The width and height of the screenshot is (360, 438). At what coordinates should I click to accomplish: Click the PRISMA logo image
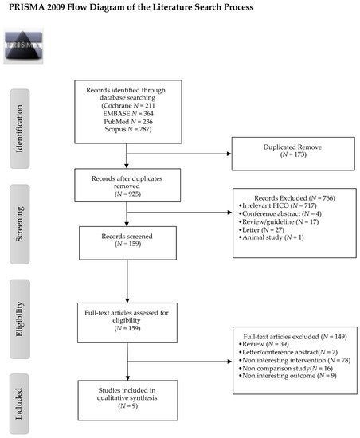point(23,45)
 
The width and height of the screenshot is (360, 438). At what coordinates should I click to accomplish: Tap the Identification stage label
point(20,129)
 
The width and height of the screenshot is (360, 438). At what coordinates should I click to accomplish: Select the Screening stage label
point(20,224)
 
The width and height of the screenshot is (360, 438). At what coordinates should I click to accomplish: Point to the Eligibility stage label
point(20,319)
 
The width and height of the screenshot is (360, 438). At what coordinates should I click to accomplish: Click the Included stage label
point(19,404)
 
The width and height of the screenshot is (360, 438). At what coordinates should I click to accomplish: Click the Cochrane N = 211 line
point(128,106)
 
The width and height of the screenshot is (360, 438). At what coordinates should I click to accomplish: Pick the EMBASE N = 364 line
point(128,114)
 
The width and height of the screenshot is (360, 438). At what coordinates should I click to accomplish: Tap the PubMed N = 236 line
point(128,122)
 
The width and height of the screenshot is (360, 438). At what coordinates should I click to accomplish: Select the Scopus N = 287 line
point(128,129)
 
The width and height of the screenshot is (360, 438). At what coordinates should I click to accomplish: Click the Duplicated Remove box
point(293,154)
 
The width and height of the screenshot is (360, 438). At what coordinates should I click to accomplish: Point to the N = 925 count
point(127,194)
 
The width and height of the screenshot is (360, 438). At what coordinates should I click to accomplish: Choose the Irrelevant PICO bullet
point(278,206)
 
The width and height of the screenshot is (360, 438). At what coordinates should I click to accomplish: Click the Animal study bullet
point(271,237)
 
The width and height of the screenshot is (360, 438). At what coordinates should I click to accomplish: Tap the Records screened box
point(127,243)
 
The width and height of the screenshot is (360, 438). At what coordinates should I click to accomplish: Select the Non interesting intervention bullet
point(295,360)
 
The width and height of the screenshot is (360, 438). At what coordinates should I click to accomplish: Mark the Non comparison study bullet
point(286,368)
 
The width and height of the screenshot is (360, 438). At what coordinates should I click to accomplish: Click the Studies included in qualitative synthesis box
point(127,400)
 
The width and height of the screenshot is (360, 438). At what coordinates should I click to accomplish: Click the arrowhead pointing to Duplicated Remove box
point(229,154)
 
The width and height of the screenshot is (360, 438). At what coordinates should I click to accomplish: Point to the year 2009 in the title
point(56,7)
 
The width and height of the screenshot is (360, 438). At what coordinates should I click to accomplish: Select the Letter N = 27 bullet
point(261,230)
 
